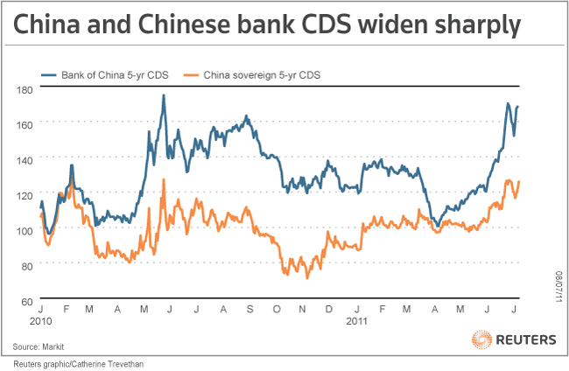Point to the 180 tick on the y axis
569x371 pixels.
point(25,88)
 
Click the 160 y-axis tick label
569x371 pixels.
point(25,124)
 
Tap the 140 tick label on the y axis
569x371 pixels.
point(25,159)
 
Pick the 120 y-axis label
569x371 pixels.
point(25,194)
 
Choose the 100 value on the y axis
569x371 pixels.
point(25,230)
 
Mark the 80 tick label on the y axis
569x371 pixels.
point(26,265)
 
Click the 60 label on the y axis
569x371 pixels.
point(26,300)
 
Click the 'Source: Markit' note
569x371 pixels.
point(51,346)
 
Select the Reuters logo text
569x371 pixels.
point(525,339)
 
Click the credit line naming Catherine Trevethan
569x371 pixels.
point(77,362)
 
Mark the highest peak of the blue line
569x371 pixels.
point(164,94)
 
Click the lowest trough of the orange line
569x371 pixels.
point(306,278)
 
